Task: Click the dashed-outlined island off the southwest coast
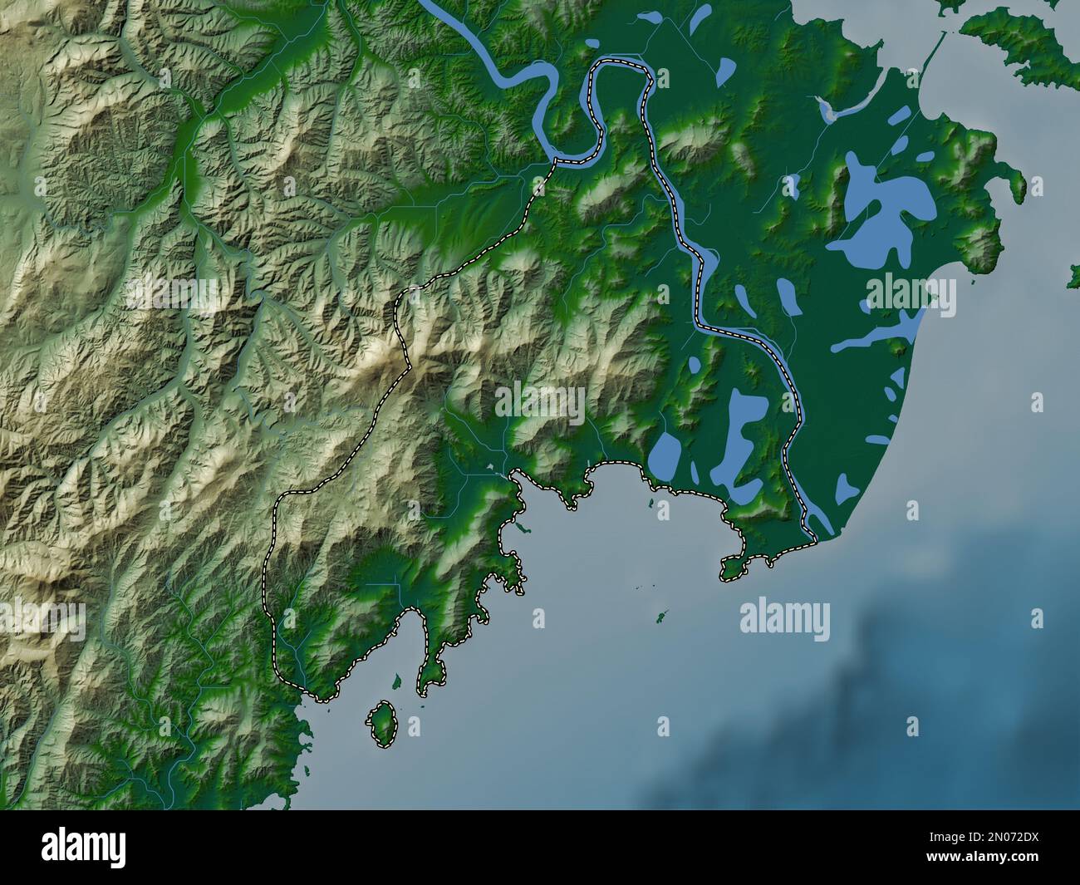381,723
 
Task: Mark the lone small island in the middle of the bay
662,617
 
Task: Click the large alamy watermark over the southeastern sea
784,617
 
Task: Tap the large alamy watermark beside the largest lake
911,294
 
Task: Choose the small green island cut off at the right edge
1074,277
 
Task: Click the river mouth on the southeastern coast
818,528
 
